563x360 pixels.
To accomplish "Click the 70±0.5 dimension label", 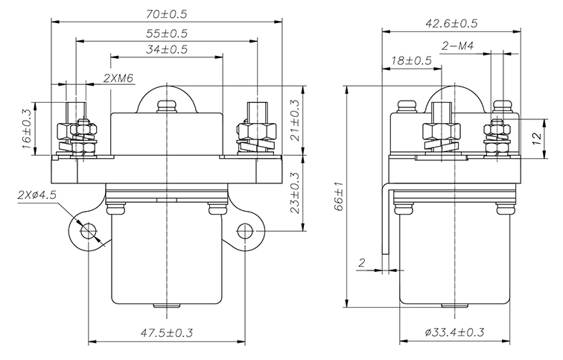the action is pyautogui.click(x=167, y=14).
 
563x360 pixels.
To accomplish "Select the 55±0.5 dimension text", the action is pyautogui.click(x=167, y=34).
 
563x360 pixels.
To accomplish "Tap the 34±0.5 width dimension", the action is pyautogui.click(x=167, y=49).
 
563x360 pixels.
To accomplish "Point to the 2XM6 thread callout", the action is pyautogui.click(x=118, y=78).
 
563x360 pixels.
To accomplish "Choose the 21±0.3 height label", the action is pyautogui.click(x=294, y=120).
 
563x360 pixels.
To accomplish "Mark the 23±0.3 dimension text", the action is pyautogui.click(x=294, y=193).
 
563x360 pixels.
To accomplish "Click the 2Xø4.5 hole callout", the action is pyautogui.click(x=36, y=196).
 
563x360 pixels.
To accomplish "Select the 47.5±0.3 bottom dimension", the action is pyautogui.click(x=167, y=332).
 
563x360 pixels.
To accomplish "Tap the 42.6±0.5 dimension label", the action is pyautogui.click(x=451, y=24).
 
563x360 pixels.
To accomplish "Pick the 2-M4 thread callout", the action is pyautogui.click(x=458, y=46).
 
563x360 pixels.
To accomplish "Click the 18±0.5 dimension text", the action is pyautogui.click(x=412, y=60).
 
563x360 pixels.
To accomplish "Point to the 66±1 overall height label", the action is pyautogui.click(x=340, y=197).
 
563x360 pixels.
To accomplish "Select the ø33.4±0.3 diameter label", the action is pyautogui.click(x=454, y=332).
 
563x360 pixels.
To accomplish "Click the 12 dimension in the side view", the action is pyautogui.click(x=536, y=139).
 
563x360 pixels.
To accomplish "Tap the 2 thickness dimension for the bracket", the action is pyautogui.click(x=362, y=262).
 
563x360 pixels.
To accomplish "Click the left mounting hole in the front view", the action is pyautogui.click(x=88, y=230).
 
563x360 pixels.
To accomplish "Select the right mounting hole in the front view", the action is pyautogui.click(x=245, y=231).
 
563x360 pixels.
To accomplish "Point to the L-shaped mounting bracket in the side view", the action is pyautogui.click(x=387, y=219).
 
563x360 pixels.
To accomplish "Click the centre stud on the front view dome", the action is pyautogui.click(x=167, y=107).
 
